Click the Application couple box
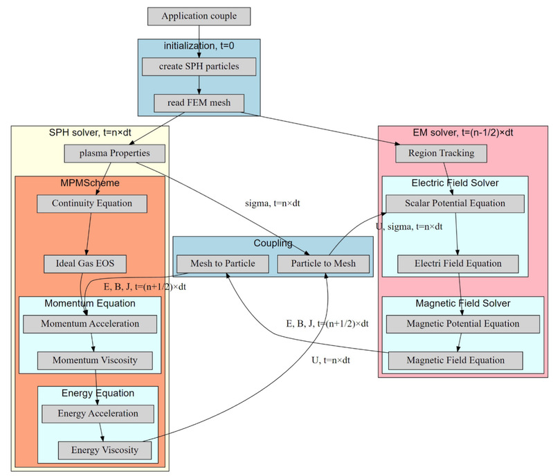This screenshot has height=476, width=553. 199,16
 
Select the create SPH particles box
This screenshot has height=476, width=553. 199,66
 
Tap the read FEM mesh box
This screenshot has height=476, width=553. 199,104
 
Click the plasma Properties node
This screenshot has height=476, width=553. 115,154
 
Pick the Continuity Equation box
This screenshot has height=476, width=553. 91,203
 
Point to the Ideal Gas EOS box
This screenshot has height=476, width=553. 85,264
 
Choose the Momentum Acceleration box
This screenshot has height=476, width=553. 89,324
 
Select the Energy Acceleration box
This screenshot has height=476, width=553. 97,414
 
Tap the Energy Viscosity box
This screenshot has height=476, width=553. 105,450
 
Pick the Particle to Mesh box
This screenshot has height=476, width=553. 323,264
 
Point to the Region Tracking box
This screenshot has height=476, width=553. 440,154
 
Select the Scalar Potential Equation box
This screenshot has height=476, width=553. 455,203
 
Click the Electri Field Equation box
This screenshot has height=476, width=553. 458,264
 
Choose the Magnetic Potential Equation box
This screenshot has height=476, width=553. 462,324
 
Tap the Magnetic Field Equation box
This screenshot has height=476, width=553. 455,360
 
